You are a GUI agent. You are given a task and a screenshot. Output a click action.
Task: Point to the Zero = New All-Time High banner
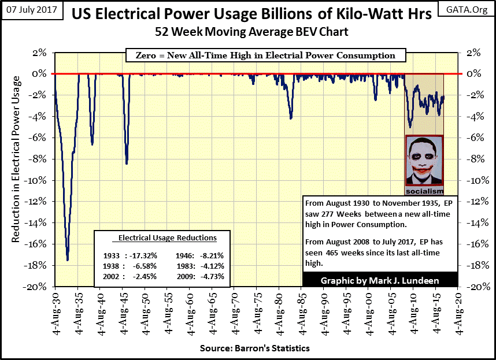click(261, 56)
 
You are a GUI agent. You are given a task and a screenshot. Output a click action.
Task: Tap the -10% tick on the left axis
click(39, 180)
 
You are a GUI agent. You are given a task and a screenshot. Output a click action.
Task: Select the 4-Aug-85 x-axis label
click(301, 313)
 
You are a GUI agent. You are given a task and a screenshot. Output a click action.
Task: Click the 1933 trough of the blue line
click(68, 259)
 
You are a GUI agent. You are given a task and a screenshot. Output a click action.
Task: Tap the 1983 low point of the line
click(291, 118)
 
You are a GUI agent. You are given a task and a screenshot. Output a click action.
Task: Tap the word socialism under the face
click(424, 191)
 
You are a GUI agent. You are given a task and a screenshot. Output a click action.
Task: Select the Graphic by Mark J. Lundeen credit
click(380, 281)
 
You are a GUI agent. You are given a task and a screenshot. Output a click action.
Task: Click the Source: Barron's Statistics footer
click(255, 348)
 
